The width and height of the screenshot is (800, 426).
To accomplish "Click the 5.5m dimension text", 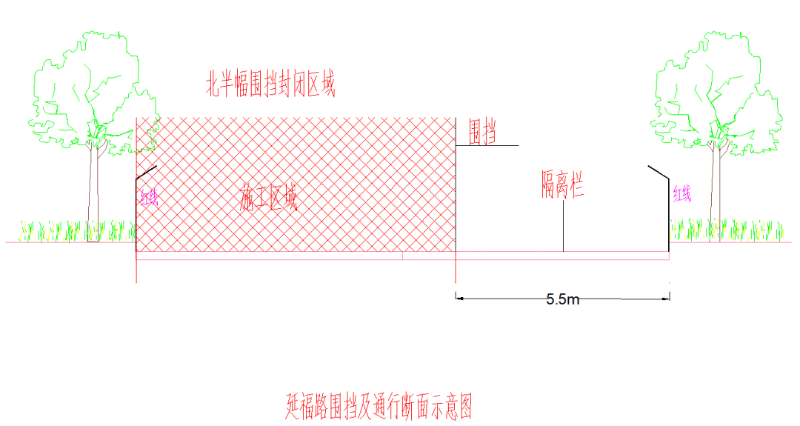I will click(x=563, y=299).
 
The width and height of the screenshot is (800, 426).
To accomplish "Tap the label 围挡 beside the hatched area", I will click(x=482, y=133).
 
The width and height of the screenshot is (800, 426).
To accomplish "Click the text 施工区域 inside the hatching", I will click(x=268, y=198).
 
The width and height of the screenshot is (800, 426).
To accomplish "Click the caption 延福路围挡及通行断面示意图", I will click(x=379, y=406).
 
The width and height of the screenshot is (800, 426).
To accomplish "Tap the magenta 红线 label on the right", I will click(x=682, y=194).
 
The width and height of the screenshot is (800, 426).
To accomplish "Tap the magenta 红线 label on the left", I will click(x=149, y=197).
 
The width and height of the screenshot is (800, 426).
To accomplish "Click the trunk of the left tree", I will click(x=93, y=193).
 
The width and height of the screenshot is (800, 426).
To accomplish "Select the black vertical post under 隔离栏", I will click(x=563, y=226).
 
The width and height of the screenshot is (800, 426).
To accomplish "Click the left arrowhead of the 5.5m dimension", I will click(x=459, y=299).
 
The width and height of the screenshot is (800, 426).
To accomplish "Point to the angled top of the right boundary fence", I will click(x=659, y=171).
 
